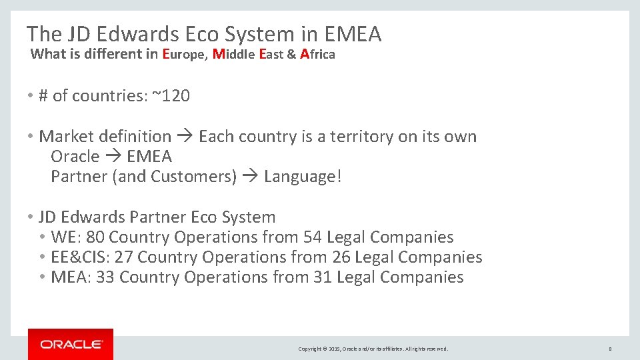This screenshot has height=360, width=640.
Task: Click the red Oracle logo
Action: pos(71,344)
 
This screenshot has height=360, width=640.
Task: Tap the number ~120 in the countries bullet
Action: pos(171,96)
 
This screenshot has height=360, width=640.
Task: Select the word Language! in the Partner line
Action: pos(303,177)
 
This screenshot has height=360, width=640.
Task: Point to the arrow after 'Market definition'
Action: pos(185,137)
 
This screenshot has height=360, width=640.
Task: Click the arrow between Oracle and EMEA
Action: pos(113,157)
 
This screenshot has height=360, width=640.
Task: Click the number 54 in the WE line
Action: pos(313,237)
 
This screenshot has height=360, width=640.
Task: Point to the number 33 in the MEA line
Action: pos(105,277)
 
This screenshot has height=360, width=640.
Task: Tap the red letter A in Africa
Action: pos(305,55)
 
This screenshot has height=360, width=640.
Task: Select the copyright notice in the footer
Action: pos(373,349)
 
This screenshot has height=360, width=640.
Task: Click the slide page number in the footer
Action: pos(610,349)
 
